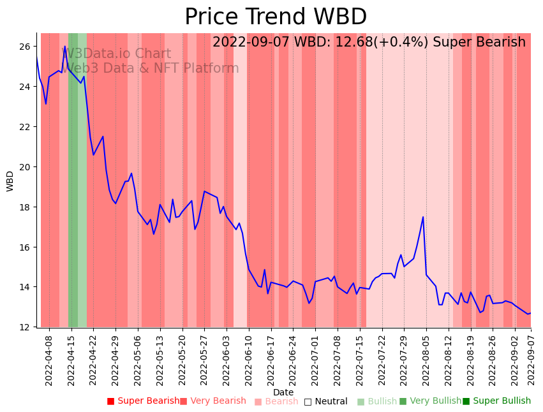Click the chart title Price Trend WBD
(276, 17)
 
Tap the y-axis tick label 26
(24, 47)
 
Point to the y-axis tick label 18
(24, 207)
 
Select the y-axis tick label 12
(24, 327)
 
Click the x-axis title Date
(283, 392)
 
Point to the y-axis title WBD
(10, 180)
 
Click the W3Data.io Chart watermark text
(116, 54)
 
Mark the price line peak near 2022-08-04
(423, 217)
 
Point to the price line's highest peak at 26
(64, 47)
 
